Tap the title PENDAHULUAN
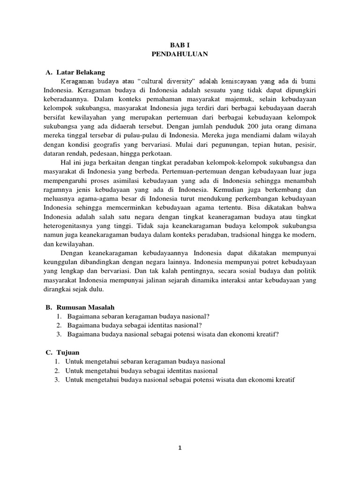180,54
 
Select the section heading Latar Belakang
81,72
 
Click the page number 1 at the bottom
180,448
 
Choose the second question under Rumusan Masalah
135,325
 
